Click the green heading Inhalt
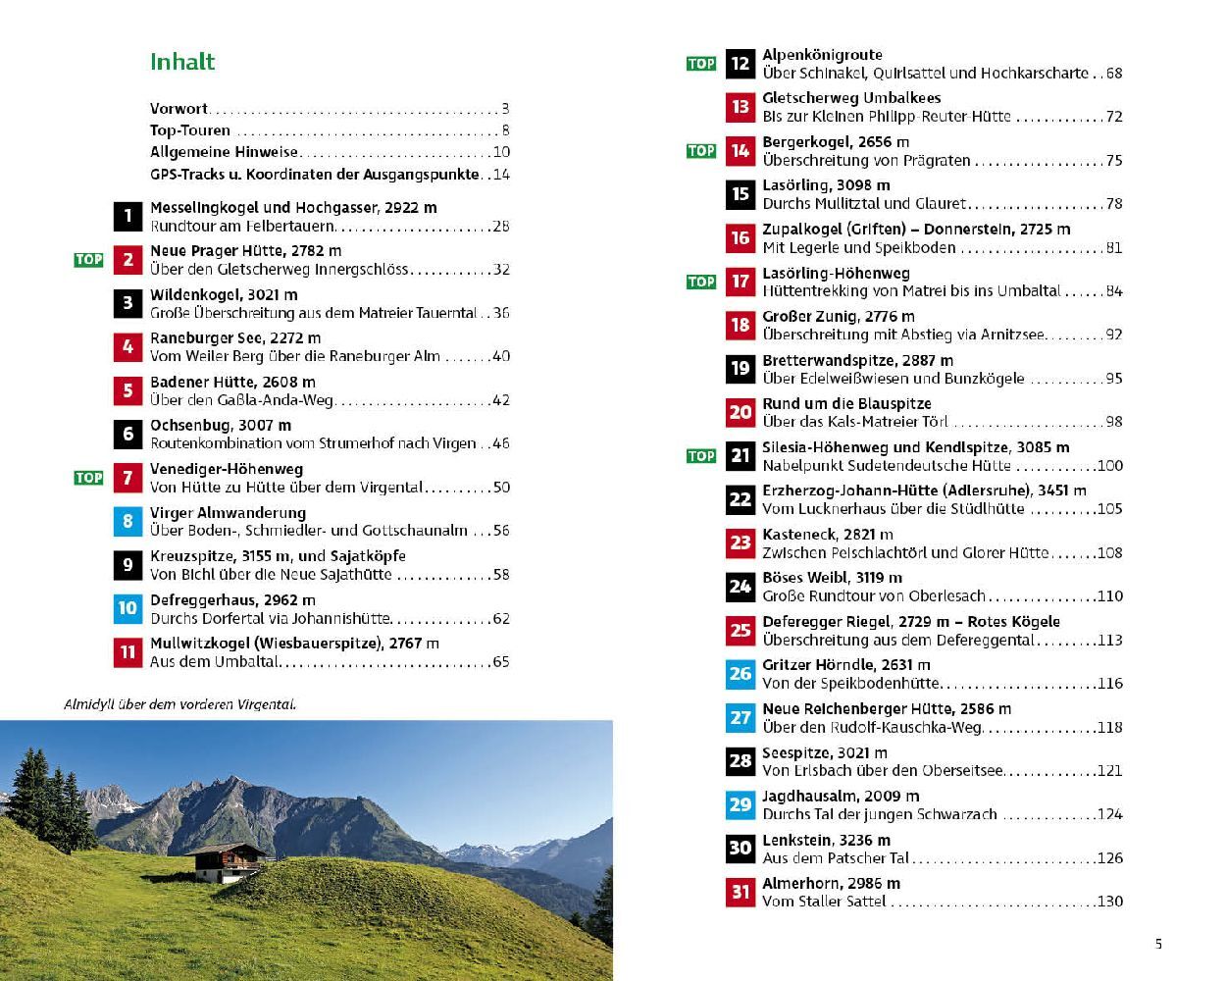click(182, 62)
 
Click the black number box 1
click(128, 216)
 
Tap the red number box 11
click(128, 652)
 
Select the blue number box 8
click(128, 521)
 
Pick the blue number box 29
click(741, 804)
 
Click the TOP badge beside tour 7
click(88, 478)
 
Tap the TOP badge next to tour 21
click(701, 456)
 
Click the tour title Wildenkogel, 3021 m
click(224, 295)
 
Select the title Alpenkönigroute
click(822, 55)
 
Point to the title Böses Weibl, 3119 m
click(832, 578)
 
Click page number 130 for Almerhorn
click(1109, 902)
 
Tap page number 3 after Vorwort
click(505, 109)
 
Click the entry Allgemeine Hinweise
click(224, 152)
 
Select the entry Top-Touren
click(190, 130)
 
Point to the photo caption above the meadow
click(179, 704)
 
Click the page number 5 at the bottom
click(1158, 945)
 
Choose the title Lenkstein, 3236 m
click(826, 841)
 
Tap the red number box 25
click(741, 630)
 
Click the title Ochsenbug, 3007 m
click(221, 426)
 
